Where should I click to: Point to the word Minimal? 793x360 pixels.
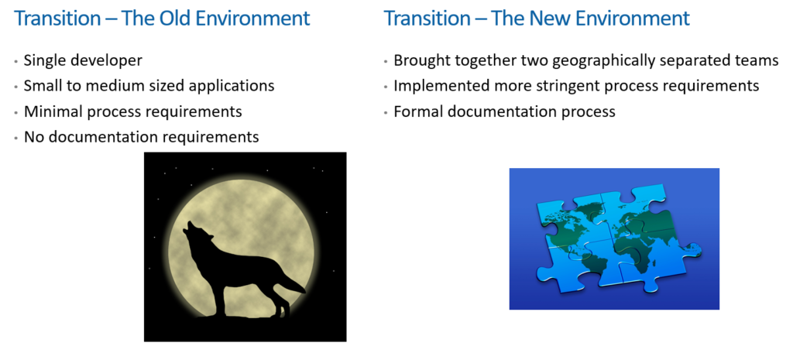53,111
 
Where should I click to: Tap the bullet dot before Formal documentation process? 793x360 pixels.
386,112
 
